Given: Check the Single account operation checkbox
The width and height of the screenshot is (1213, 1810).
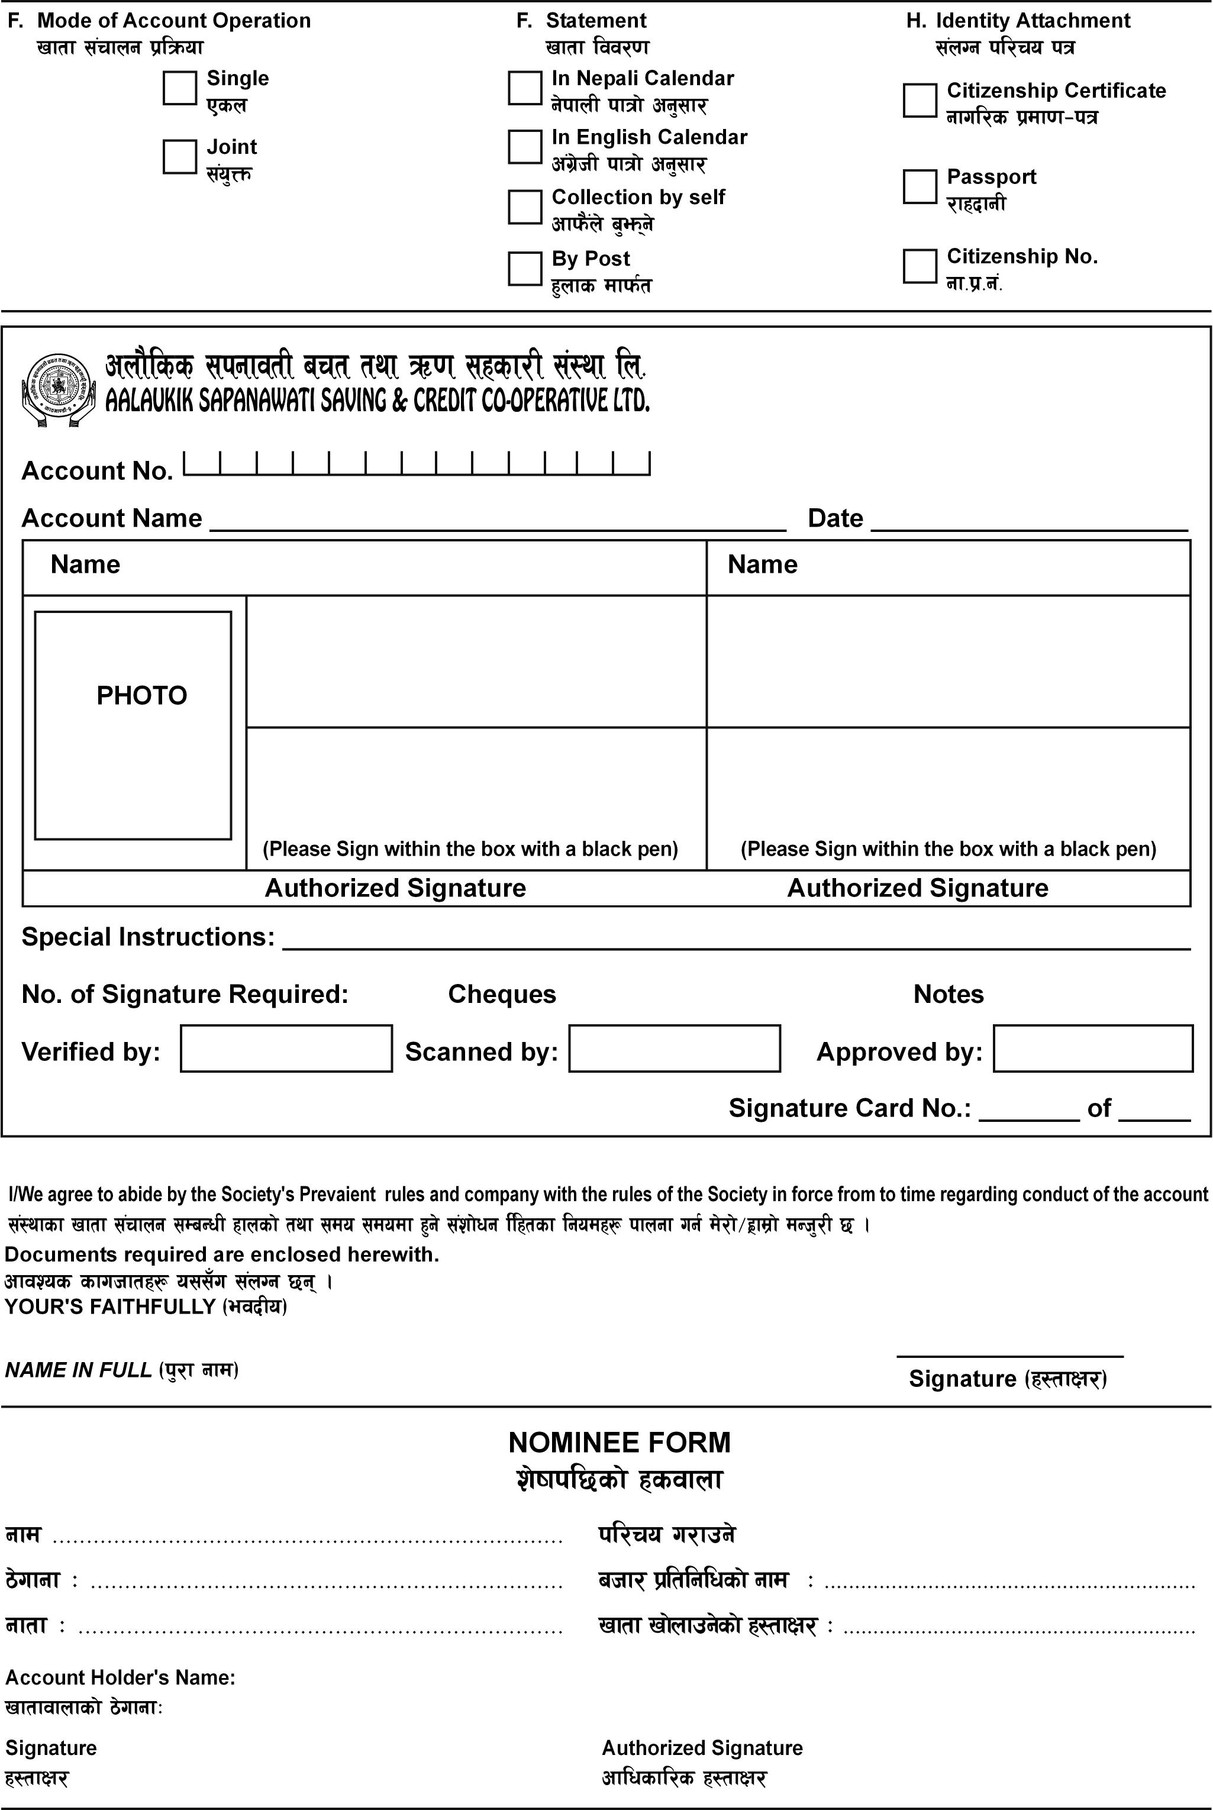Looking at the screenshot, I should [x=179, y=88].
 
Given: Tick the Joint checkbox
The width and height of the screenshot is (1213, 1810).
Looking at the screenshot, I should [x=179, y=156].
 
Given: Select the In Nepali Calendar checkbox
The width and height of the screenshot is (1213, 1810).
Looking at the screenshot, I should [x=524, y=88].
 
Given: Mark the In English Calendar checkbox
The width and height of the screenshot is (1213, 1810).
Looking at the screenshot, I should [x=524, y=146].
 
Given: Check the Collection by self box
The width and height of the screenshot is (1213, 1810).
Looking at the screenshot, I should [x=524, y=207].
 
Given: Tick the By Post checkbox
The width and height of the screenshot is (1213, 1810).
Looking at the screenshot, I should [x=524, y=269].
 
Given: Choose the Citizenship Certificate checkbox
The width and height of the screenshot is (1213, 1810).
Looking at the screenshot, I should [x=920, y=101].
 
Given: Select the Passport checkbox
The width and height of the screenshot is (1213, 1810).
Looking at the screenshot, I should [x=920, y=186].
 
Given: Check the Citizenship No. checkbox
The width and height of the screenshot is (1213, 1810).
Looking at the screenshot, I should [x=920, y=265].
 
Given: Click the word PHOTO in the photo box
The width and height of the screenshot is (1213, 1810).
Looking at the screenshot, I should [x=141, y=695].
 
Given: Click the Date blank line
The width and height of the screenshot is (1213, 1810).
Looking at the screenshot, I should [x=1029, y=521].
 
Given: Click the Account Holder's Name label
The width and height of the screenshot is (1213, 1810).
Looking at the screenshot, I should [x=120, y=1677].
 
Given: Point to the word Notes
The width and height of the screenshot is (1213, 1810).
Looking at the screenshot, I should [x=949, y=994].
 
